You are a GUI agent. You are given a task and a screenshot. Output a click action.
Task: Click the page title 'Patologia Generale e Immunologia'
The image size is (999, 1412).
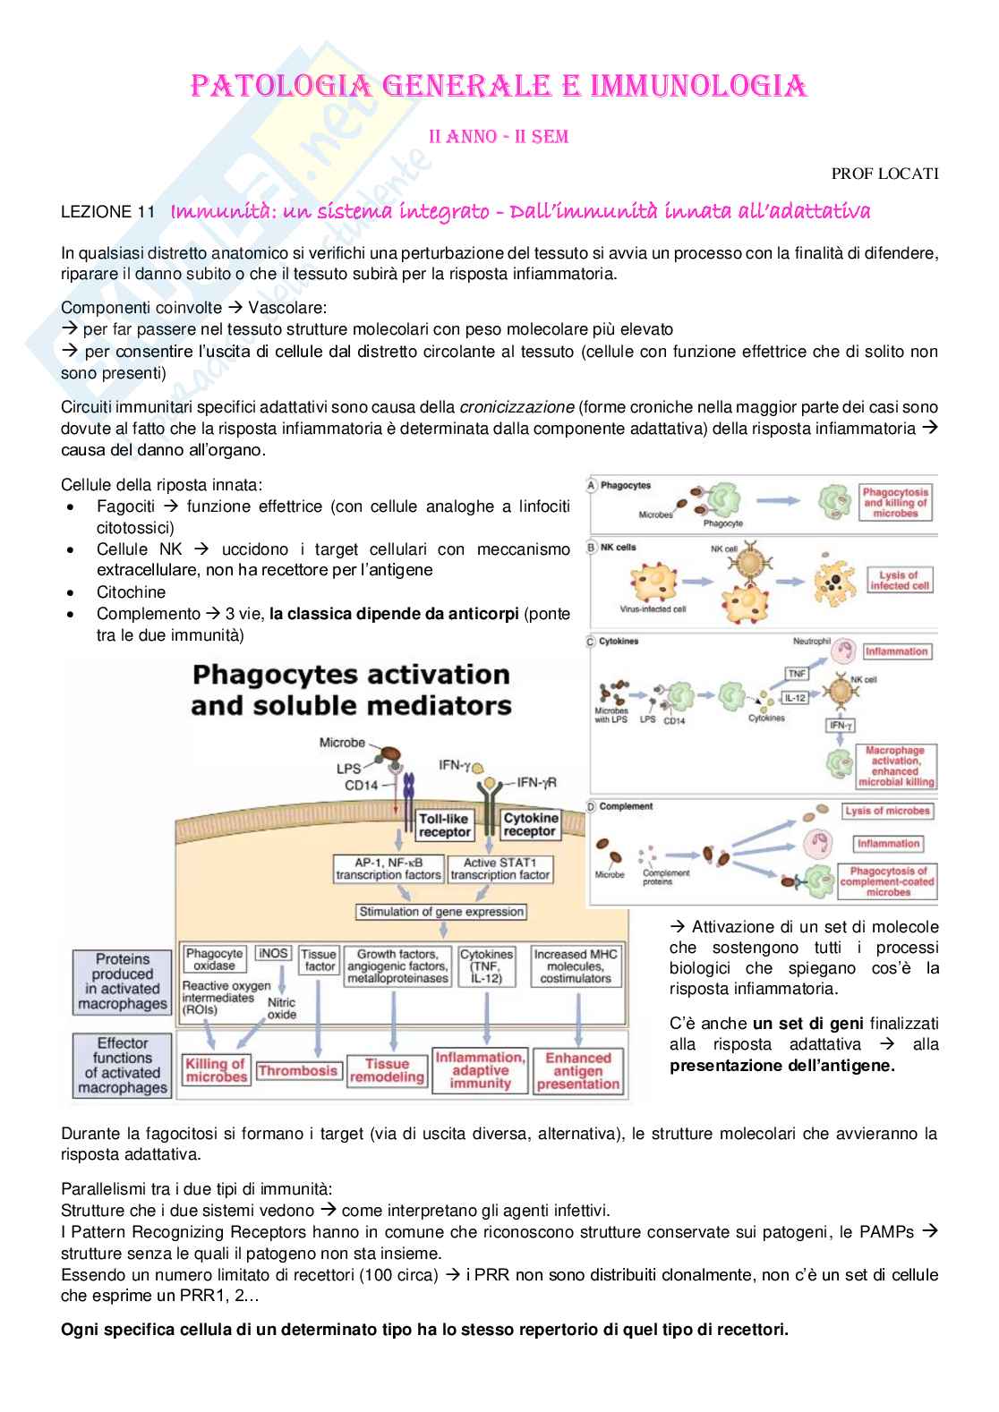(x=499, y=87)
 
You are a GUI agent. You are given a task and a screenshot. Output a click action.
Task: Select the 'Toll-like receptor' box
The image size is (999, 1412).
(x=445, y=825)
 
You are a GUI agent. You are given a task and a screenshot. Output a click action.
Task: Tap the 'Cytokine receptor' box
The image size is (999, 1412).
(x=530, y=825)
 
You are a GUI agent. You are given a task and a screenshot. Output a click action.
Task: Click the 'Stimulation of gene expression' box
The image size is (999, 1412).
(x=441, y=912)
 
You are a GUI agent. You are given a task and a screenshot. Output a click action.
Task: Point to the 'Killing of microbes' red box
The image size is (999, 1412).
(x=215, y=1070)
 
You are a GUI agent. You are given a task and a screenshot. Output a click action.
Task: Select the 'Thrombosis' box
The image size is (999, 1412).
(x=297, y=1070)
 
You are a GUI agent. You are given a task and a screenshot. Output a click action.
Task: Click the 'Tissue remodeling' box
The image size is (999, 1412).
(x=387, y=1070)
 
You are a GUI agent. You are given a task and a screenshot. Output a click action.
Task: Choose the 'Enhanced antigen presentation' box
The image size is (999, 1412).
(x=578, y=1070)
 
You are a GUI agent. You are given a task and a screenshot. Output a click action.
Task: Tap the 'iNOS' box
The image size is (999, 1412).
(x=273, y=954)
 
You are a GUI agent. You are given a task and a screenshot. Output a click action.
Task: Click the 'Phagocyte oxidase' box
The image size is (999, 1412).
(x=215, y=959)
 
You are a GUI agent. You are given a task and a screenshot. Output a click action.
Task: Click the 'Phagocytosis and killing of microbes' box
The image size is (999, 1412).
(x=895, y=503)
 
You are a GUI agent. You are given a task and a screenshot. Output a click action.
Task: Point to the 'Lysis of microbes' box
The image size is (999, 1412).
(x=888, y=811)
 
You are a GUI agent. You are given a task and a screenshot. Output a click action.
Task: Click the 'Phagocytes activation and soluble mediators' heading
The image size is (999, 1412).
(x=351, y=689)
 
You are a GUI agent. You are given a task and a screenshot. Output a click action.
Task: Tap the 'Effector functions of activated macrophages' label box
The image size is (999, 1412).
(x=123, y=1066)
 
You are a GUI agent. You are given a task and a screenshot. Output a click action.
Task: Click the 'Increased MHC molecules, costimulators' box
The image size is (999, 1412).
(x=576, y=966)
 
